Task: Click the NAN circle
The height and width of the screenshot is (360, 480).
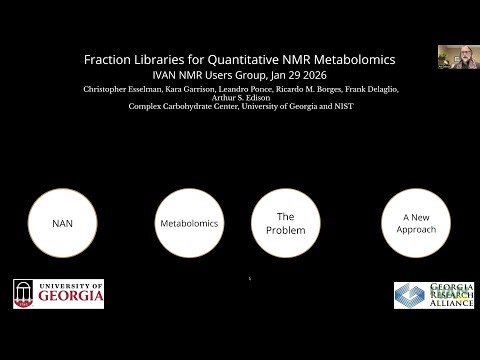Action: click(63, 223)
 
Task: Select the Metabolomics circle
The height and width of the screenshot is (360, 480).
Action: click(189, 223)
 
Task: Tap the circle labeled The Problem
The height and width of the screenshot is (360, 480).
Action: click(285, 222)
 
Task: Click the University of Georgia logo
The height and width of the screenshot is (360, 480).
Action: click(59, 293)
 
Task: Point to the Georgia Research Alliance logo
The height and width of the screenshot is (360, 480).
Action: click(432, 294)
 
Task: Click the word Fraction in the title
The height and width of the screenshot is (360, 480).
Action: click(112, 60)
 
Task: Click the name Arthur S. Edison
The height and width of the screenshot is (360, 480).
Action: click(240, 97)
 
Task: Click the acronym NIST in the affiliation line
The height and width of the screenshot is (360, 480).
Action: click(342, 106)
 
